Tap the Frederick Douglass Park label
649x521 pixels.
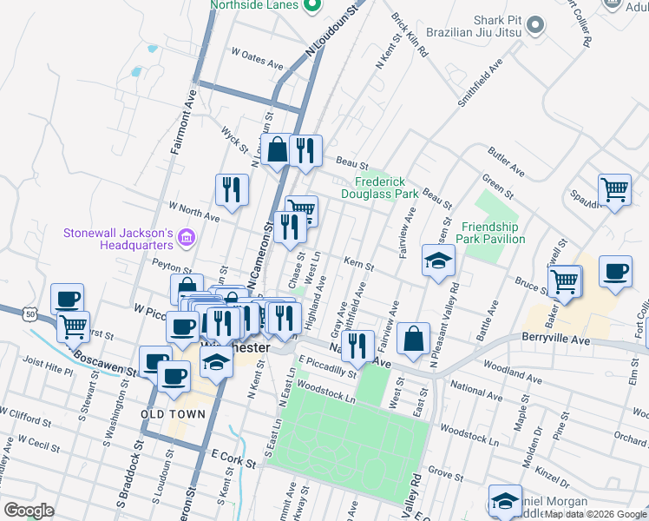[386, 188]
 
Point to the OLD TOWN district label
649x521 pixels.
[174, 414]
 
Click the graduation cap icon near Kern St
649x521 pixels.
[439, 260]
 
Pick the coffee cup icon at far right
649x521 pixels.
[616, 272]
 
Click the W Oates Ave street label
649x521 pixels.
[258, 64]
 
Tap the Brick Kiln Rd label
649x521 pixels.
[410, 35]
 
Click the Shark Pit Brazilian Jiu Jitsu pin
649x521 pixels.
[534, 25]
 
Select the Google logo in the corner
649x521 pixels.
[29, 510]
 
